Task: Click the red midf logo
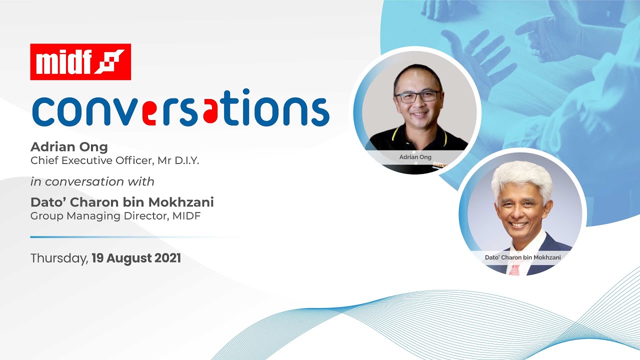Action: click(80, 62)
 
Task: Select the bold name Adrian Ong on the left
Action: click(68, 146)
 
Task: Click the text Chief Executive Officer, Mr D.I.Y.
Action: click(115, 161)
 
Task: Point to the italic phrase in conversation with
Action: click(92, 181)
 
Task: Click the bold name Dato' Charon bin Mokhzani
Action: click(122, 202)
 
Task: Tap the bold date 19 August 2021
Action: click(136, 258)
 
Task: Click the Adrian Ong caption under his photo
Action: click(415, 157)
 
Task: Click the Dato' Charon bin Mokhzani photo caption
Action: click(522, 257)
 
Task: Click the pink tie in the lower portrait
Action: click(515, 269)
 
